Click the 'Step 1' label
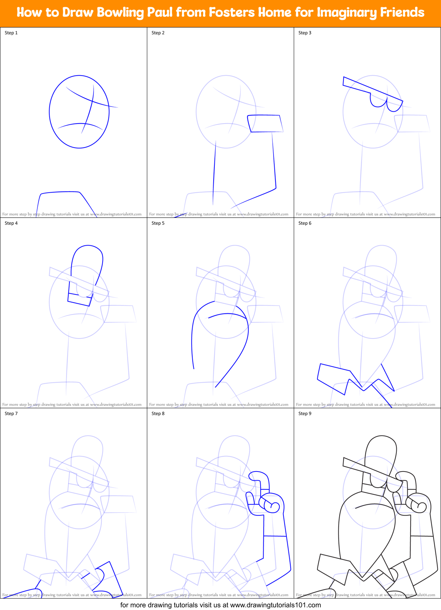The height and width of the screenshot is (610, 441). click(11, 33)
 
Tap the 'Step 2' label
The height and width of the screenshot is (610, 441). click(158, 33)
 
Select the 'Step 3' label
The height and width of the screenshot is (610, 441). click(305, 33)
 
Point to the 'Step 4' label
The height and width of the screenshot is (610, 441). click(11, 223)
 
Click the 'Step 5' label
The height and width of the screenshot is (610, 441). click(158, 223)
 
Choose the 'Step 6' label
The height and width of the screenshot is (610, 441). click(305, 223)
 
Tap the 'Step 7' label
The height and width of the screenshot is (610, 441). click(11, 414)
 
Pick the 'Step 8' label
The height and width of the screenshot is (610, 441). click(158, 414)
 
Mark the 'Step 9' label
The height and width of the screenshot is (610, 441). click(305, 414)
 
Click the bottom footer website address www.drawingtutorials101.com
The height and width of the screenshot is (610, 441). click(275, 605)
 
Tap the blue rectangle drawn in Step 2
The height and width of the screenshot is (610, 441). click(265, 124)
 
